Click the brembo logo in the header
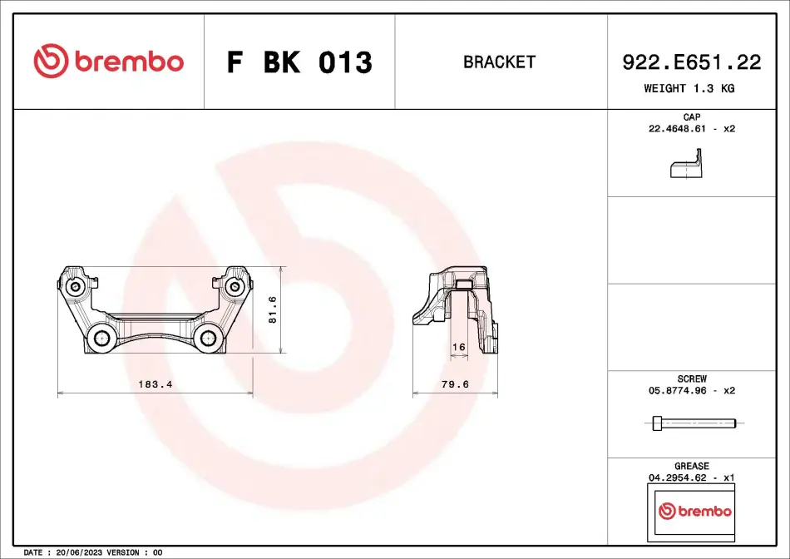(x=108, y=61)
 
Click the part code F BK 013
(x=299, y=62)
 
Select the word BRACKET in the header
(x=499, y=62)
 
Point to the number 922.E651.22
(x=691, y=62)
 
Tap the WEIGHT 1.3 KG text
(x=689, y=88)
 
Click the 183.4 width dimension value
(x=156, y=384)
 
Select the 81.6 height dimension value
(x=273, y=309)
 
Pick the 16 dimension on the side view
(x=459, y=347)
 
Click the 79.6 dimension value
(x=455, y=384)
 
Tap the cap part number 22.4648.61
(x=677, y=129)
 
